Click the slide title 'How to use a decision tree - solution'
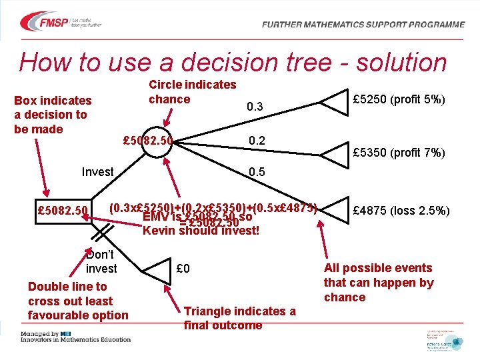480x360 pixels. coord(233,63)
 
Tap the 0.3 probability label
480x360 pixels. coord(255,107)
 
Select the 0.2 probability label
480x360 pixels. coord(257,141)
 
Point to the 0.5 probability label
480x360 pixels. coord(257,172)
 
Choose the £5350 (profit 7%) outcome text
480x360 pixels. coord(399,153)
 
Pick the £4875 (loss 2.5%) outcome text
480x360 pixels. coord(401,211)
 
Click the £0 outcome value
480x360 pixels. coord(183,269)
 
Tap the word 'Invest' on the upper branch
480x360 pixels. coord(97,172)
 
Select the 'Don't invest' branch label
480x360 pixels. coord(101,261)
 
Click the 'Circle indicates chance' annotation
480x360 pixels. coord(192,92)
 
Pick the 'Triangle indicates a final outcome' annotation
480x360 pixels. coord(239,318)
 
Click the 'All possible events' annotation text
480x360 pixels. coord(378,282)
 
